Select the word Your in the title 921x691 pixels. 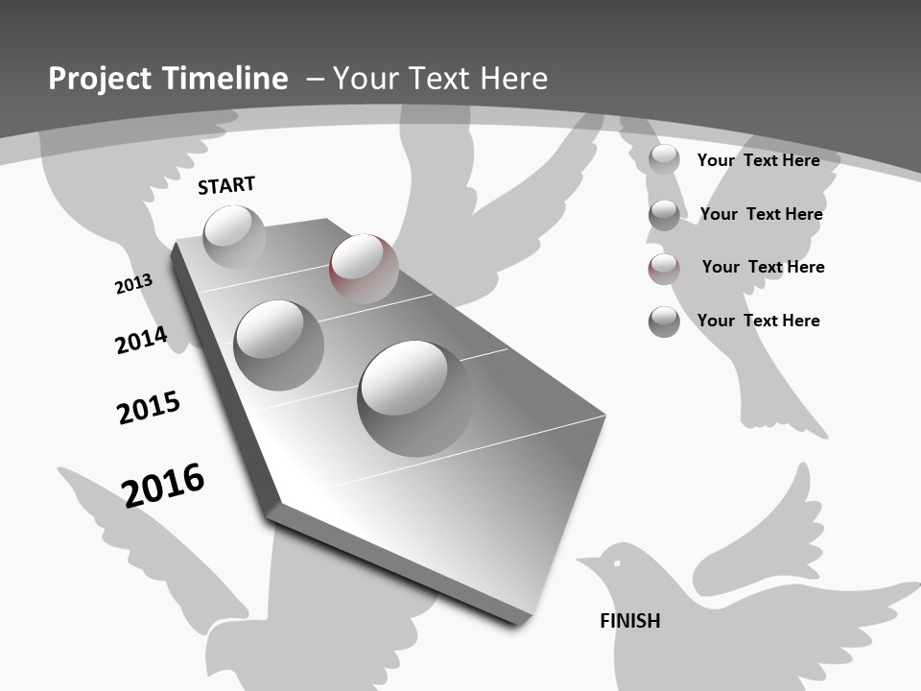(364, 79)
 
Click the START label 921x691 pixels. (226, 185)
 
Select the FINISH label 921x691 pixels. (630, 621)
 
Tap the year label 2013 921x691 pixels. (133, 284)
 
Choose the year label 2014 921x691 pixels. (141, 340)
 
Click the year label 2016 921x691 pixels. (163, 484)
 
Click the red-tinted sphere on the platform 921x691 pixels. (364, 268)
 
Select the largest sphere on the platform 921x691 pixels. (414, 397)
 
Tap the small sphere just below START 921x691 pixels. (234, 236)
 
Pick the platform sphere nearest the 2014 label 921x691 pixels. (278, 345)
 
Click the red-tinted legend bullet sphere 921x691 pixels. (664, 269)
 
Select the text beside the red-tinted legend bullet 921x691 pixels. (763, 267)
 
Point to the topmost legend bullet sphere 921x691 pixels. (664, 160)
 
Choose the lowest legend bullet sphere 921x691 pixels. (664, 322)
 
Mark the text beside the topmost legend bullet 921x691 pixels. (758, 160)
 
